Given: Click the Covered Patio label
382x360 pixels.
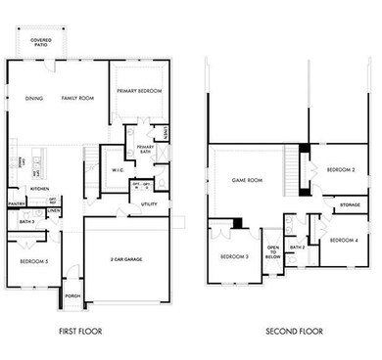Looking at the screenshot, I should click(x=42, y=42).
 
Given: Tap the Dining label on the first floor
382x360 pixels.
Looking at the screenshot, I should click(x=32, y=98).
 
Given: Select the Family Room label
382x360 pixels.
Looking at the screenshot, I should click(x=75, y=98).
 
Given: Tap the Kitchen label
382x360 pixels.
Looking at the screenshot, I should click(x=39, y=188).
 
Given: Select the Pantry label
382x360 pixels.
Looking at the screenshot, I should click(x=17, y=203).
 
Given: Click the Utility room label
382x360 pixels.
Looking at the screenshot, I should click(x=149, y=204).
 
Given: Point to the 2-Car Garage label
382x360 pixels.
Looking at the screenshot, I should click(x=128, y=258).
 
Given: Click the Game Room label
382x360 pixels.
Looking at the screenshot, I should click(x=248, y=181).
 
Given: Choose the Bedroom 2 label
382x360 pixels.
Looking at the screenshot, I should click(x=340, y=169).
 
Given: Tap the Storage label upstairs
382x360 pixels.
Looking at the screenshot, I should click(x=349, y=205).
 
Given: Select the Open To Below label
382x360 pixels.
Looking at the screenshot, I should click(x=273, y=251).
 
